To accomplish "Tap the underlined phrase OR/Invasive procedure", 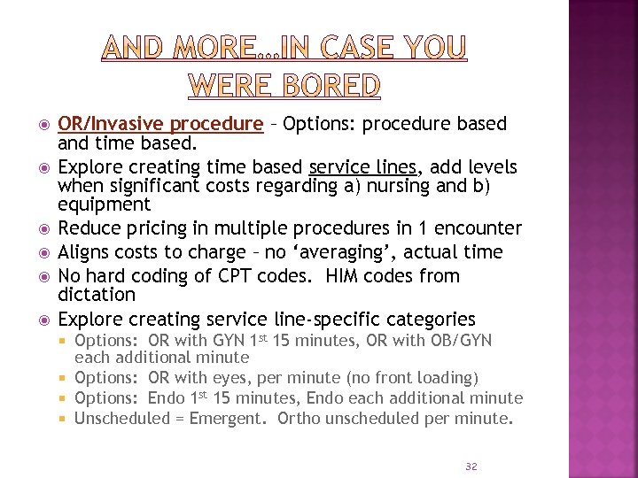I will (160, 124).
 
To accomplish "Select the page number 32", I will (471, 466).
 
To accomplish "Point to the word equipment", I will (104, 204).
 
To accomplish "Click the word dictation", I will (97, 295).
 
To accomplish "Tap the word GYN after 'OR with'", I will (223, 341).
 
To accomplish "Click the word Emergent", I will (229, 418).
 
